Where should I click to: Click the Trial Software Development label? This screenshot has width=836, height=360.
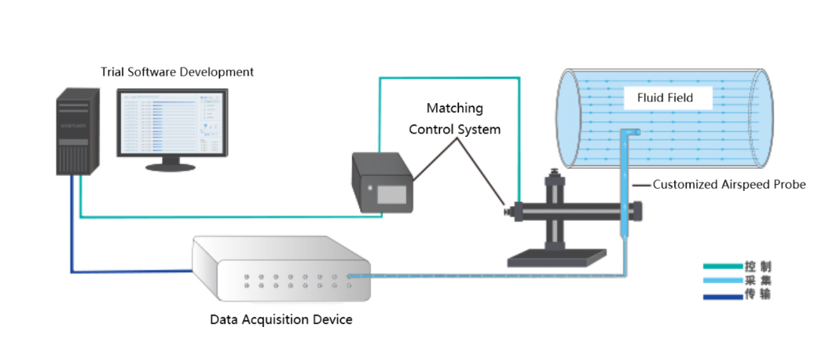click(177, 72)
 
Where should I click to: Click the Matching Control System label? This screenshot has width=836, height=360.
click(454, 118)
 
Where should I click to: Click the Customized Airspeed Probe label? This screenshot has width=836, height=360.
click(729, 185)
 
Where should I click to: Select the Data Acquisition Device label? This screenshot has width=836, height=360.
click(281, 320)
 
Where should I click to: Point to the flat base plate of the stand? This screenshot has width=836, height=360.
click(559, 255)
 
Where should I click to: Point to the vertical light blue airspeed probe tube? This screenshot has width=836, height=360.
click(623, 189)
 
